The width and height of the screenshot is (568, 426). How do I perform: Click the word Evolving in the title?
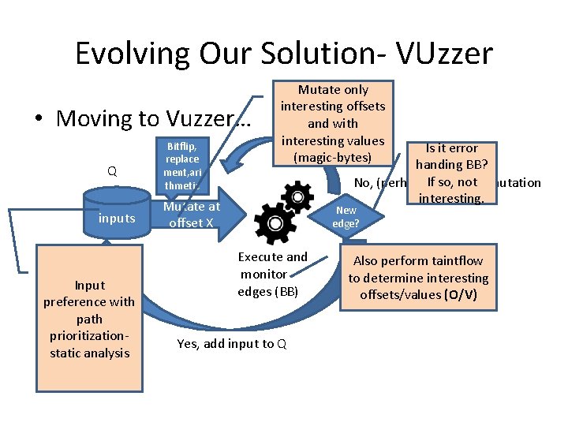[129, 54]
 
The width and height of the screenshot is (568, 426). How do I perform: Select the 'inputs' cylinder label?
[117, 219]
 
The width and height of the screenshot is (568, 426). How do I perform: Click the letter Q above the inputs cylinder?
[112, 170]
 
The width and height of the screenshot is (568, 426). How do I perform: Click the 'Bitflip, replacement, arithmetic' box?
[182, 166]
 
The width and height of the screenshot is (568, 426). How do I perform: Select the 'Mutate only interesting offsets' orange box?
[333, 123]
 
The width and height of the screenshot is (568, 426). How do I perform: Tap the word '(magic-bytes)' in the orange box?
[332, 158]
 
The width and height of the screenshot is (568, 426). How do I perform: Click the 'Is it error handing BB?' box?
[452, 173]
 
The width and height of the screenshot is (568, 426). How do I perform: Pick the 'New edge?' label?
[346, 216]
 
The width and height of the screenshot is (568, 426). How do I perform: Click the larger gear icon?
[275, 223]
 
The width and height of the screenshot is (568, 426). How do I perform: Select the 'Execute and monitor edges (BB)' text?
[271, 275]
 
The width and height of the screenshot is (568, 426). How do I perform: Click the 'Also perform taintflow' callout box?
[418, 278]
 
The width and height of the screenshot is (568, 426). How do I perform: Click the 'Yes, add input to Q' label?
[231, 343]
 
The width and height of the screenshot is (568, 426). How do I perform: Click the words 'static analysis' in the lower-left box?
[89, 353]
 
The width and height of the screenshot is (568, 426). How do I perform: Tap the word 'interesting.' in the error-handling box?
[451, 199]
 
